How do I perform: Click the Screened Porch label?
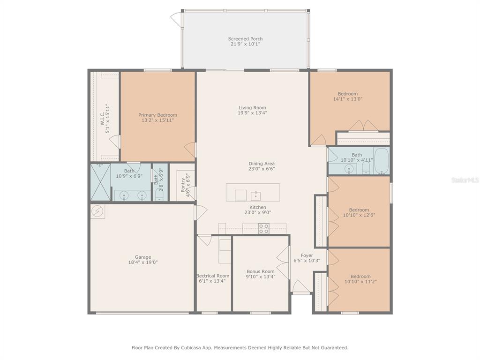tap(245, 39)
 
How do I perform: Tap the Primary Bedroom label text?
tap(157, 115)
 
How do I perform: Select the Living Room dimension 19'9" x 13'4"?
tap(253, 112)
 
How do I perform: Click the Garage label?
tap(143, 257)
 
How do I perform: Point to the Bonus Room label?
tap(261, 271)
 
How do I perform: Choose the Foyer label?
tap(307, 255)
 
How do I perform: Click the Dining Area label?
tap(262, 164)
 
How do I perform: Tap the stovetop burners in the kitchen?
tap(263, 229)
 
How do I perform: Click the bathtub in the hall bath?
tap(382, 161)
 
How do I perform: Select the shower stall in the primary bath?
tap(100, 182)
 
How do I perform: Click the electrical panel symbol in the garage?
tap(98, 211)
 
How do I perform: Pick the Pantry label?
tap(183, 185)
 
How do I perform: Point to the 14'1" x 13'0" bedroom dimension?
tap(348, 99)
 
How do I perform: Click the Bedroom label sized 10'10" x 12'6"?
tap(359, 210)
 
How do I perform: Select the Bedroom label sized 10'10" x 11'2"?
tap(360, 277)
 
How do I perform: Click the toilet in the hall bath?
tap(366, 168)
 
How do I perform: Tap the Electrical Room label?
tap(213, 276)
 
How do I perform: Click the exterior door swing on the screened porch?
tap(177, 19)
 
